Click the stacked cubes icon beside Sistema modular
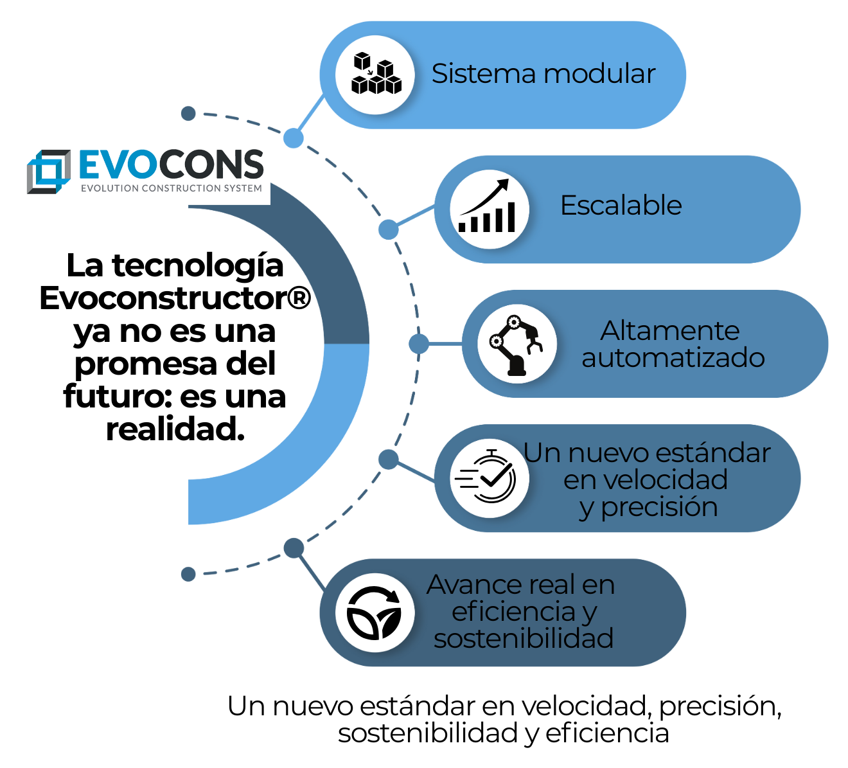(x=376, y=75)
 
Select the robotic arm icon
(x=517, y=344)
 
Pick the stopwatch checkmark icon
(x=489, y=478)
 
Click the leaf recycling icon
(x=375, y=612)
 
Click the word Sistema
(x=474, y=74)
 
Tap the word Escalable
(x=621, y=206)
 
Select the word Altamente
(x=670, y=331)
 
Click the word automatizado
(x=673, y=358)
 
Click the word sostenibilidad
(x=524, y=639)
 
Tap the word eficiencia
(x=513, y=612)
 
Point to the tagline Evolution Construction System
(x=172, y=189)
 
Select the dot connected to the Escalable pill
(x=388, y=229)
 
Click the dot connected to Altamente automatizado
(x=419, y=344)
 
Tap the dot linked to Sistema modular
(x=294, y=138)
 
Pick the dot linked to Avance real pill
(x=294, y=548)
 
